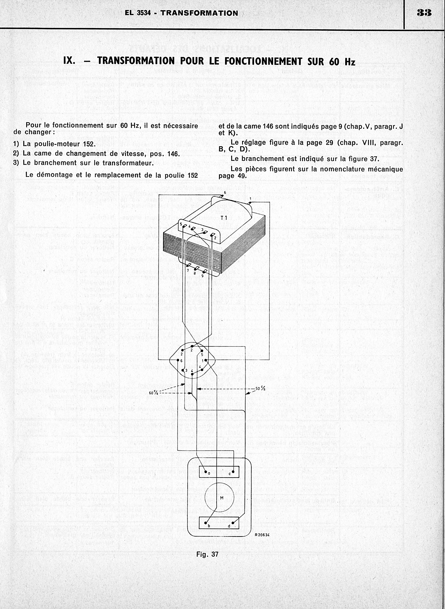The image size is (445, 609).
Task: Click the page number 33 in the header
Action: coord(424,13)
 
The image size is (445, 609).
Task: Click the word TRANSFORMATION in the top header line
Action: coord(199,13)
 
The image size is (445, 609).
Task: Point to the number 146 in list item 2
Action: coord(174,153)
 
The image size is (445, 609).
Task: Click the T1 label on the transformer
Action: coord(224,217)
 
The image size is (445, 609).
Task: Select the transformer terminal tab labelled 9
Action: coord(205,271)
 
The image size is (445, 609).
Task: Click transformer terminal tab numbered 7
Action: coord(189,266)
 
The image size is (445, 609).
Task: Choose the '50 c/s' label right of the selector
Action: coord(260,389)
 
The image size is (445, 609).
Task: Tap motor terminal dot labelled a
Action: coord(205,472)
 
